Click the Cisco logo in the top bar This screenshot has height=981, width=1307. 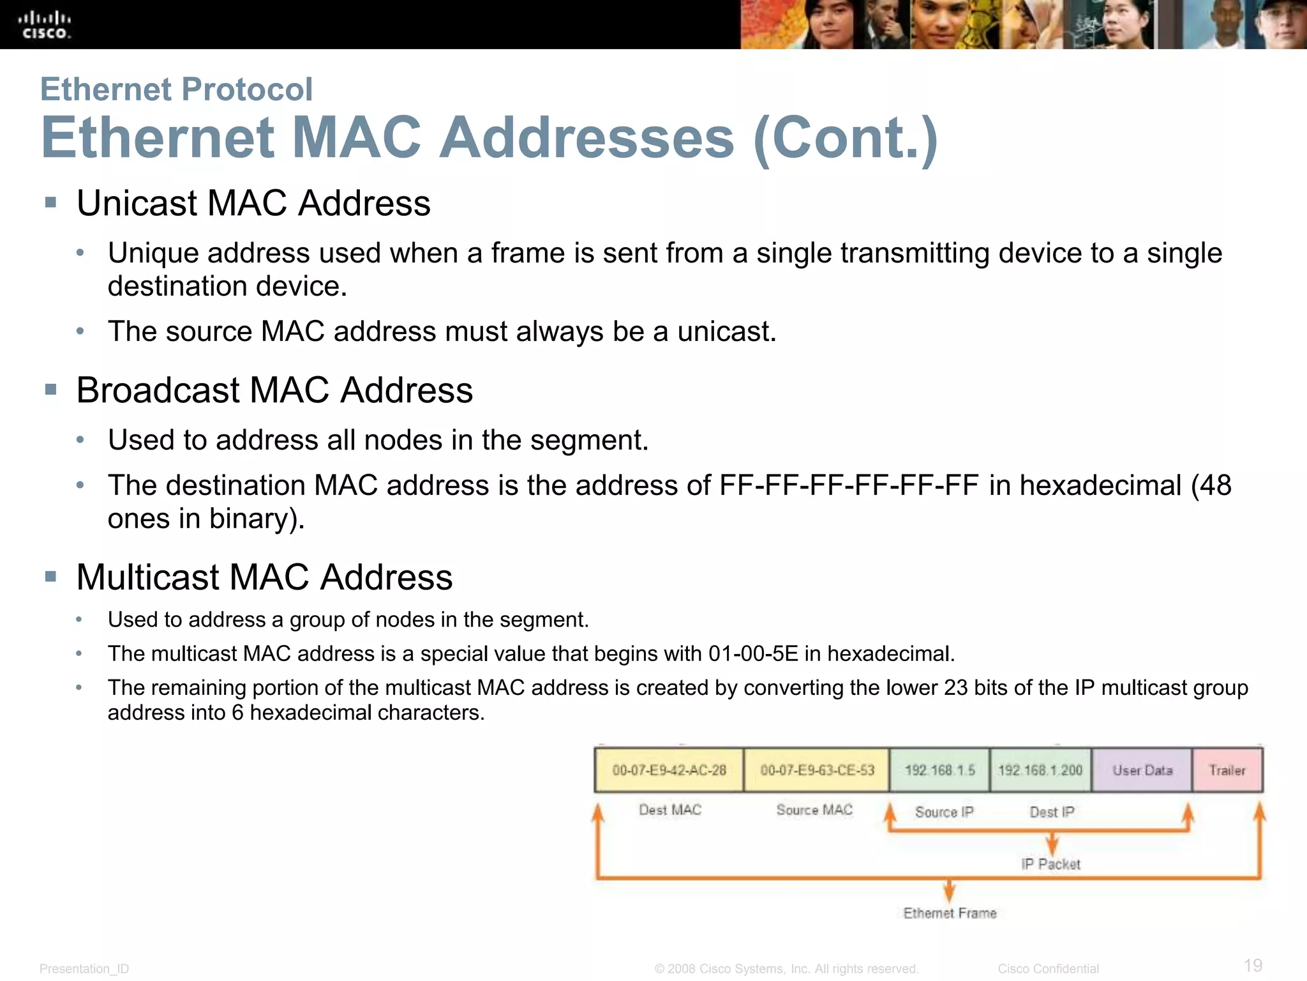44,25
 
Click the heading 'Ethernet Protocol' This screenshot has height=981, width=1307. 176,89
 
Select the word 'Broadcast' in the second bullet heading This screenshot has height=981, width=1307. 158,390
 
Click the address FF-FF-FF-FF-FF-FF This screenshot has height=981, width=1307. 849,485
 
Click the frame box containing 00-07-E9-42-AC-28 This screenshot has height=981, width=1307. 669,770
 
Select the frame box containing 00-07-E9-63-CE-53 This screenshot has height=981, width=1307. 817,770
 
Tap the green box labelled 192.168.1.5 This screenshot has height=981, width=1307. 939,770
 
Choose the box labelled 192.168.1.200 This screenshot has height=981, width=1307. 1040,770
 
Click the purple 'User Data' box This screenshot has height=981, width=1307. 1142,770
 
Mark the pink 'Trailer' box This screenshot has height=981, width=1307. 1227,770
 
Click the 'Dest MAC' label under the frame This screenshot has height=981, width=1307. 670,810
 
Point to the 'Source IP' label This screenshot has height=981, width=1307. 945,812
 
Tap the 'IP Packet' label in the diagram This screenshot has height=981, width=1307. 1051,864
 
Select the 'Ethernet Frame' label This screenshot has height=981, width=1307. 950,913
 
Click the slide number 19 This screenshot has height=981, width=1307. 1253,965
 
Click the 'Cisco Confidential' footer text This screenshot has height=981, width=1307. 1048,969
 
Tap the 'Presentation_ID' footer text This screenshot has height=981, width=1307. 84,969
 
